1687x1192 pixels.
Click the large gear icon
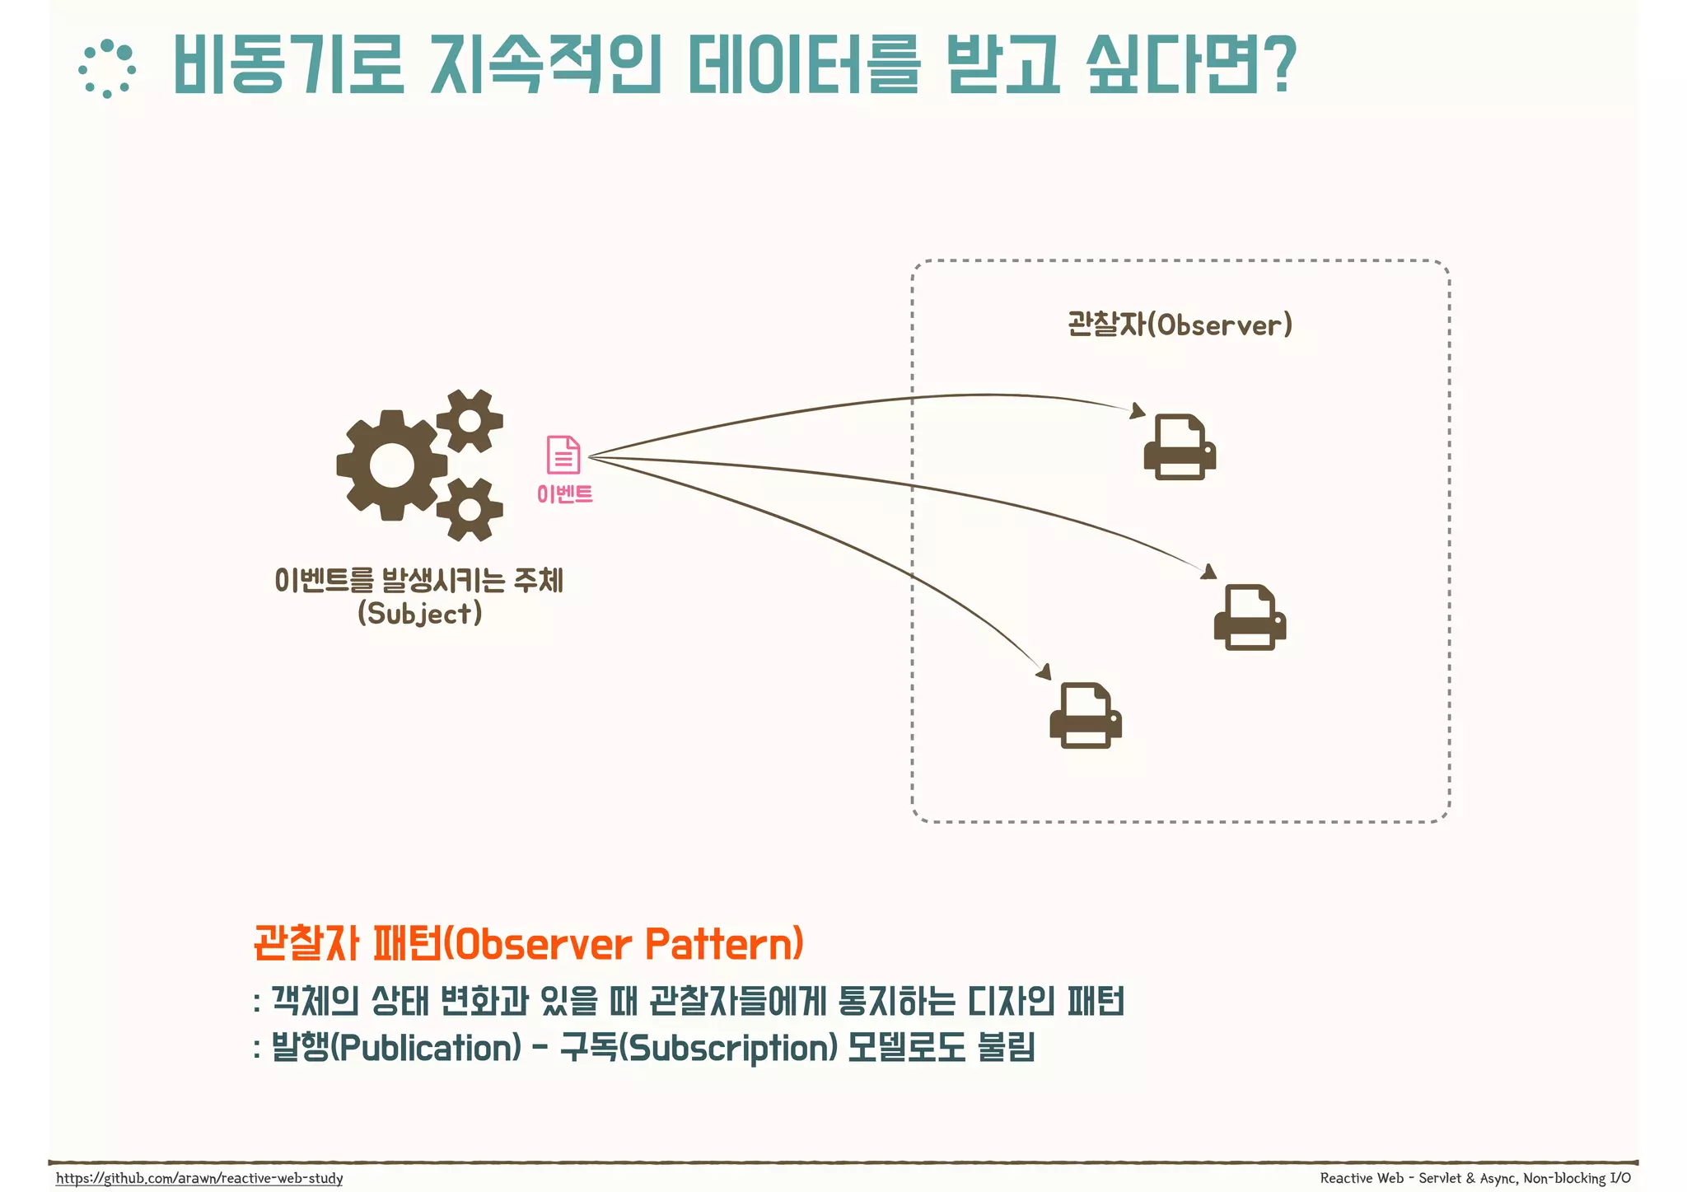point(391,465)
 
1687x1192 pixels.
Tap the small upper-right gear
point(470,421)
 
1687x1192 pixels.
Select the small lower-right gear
point(470,509)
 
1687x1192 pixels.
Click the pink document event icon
point(563,455)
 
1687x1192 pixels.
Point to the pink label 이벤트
point(564,494)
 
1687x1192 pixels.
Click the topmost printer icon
point(1180,447)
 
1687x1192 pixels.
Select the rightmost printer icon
point(1250,618)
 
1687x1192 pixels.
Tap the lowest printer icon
point(1086,715)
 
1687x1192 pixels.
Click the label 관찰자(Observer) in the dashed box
point(1180,325)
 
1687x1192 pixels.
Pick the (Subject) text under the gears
point(419,614)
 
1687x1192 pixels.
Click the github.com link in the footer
point(199,1178)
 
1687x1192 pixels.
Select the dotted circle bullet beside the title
point(107,69)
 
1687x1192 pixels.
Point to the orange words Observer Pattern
point(628,944)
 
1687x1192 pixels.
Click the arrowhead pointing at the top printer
point(1138,410)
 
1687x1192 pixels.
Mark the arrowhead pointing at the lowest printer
point(1044,671)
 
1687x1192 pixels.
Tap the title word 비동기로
point(288,64)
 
